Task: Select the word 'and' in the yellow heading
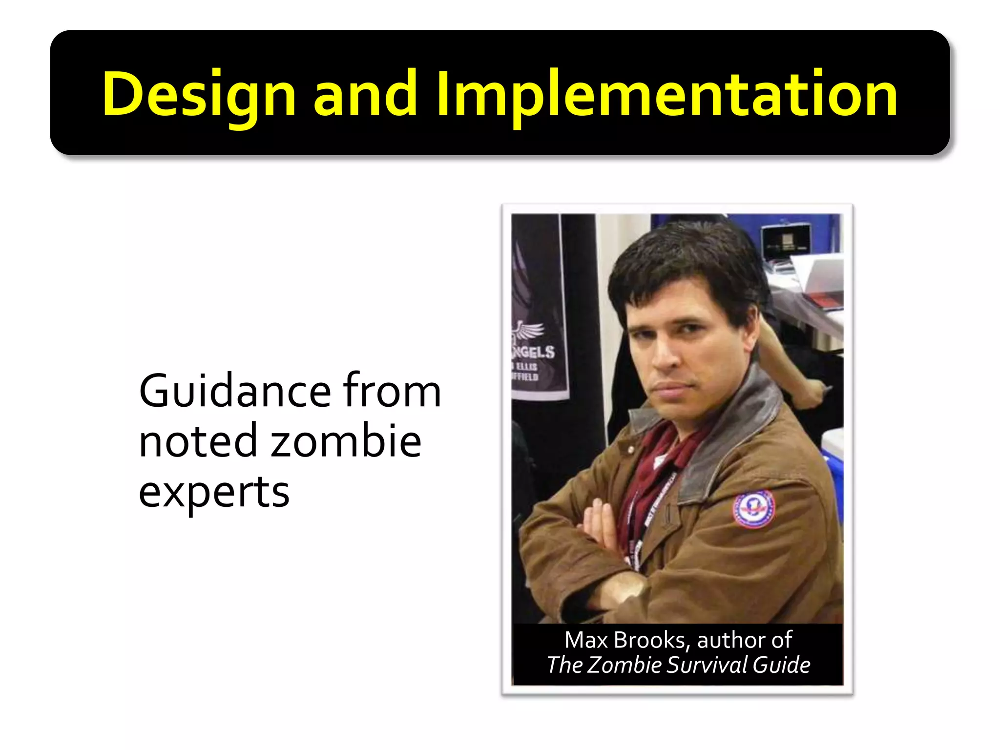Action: [364, 94]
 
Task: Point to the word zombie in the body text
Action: [346, 441]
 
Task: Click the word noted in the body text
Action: [197, 441]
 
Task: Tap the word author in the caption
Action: [731, 640]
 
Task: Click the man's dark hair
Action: [684, 259]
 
